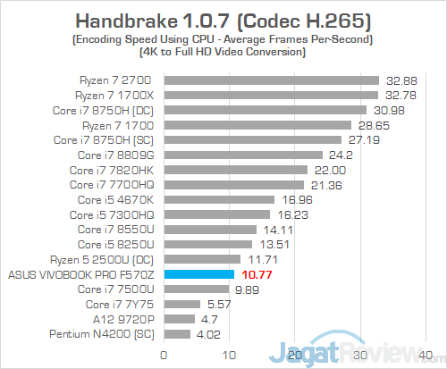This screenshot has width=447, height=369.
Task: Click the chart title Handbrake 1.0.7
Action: tap(223, 19)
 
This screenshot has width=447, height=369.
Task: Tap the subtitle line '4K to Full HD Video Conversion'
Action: tap(223, 52)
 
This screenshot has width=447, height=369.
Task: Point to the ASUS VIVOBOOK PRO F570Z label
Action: tap(83, 274)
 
